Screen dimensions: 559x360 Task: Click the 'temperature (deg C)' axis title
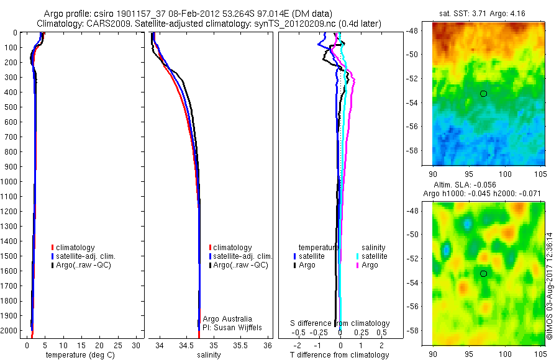(80, 355)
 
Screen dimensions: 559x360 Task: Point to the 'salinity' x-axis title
(209, 355)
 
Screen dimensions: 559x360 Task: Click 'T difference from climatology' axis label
(339, 355)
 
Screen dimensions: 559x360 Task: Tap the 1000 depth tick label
(9, 182)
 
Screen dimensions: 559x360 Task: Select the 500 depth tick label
(11, 107)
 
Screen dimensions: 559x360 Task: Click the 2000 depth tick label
(9, 331)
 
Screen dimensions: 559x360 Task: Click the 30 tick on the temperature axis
(136, 345)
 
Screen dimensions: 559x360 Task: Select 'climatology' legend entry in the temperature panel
(73, 248)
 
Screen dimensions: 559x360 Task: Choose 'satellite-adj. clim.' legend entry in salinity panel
(240, 256)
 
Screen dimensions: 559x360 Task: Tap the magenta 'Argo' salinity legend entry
(367, 265)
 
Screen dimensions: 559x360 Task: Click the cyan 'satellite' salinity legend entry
(372, 256)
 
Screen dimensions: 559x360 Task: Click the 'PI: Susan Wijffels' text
(232, 328)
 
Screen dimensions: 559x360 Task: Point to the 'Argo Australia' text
(227, 318)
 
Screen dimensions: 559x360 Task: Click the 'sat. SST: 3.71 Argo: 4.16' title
(482, 14)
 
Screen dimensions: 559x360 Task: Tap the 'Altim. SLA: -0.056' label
(465, 185)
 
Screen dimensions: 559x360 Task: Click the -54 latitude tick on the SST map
(413, 102)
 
